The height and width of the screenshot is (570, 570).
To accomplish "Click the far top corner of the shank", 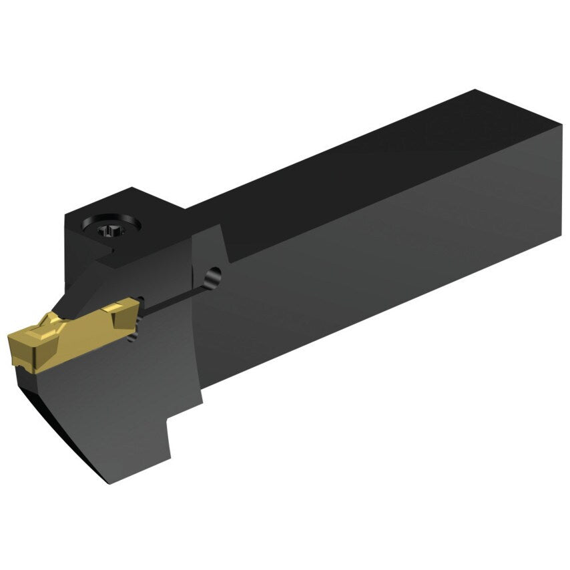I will click(475, 91).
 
